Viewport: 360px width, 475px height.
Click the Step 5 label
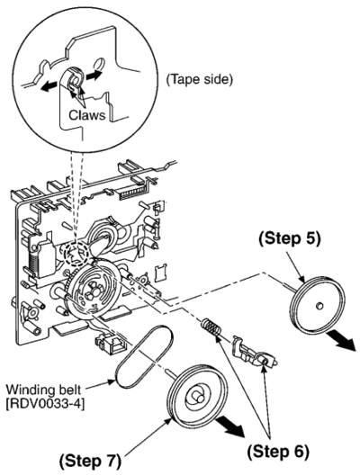[290, 238]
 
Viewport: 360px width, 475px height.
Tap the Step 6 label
[278, 452]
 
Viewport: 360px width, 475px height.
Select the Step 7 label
[90, 462]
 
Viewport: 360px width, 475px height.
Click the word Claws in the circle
[87, 115]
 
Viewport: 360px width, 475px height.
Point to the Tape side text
[200, 79]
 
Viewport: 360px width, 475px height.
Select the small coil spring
[210, 327]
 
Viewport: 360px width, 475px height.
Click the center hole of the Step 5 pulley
[319, 306]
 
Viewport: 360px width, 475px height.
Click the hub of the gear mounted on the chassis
[94, 291]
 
